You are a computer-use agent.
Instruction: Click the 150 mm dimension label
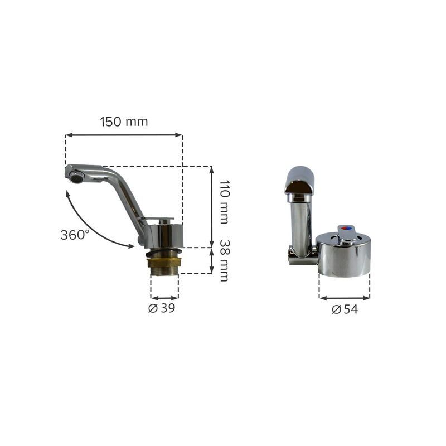[x=124, y=122]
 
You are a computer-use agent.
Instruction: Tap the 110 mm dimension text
[x=225, y=202]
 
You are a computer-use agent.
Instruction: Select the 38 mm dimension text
[x=225, y=261]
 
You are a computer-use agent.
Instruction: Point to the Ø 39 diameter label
[x=162, y=308]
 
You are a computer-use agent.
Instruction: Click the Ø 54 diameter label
[x=345, y=309]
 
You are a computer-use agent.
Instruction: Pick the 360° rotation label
[x=75, y=235]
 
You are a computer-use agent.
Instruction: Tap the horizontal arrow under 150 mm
[x=124, y=135]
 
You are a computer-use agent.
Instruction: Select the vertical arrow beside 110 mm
[x=211, y=207]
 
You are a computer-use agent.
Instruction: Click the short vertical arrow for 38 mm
[x=211, y=260]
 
